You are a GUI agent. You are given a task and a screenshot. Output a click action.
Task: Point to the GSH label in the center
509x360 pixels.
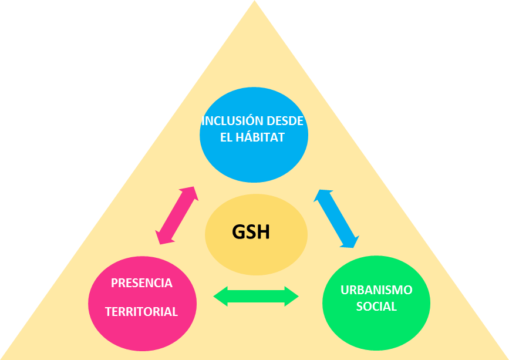point(251,232)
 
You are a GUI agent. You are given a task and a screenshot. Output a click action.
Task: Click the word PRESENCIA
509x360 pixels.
point(141,283)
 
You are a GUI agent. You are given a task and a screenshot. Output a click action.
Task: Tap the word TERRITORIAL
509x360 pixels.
point(141,312)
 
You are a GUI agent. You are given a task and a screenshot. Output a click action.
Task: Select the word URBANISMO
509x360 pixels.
point(376,290)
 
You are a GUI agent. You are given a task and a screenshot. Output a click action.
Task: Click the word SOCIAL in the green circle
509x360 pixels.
point(376,306)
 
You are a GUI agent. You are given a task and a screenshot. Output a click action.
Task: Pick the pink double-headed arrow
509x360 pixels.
point(177,216)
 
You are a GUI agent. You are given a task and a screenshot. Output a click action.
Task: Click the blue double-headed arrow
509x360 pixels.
point(336,218)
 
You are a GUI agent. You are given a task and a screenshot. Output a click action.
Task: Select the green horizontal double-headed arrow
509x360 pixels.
point(256,296)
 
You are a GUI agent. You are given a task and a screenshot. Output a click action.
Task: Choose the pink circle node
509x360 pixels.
point(142,303)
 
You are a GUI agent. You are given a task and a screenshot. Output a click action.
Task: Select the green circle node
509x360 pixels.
point(376,303)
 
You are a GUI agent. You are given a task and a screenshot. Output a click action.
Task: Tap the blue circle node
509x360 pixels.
point(254,135)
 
